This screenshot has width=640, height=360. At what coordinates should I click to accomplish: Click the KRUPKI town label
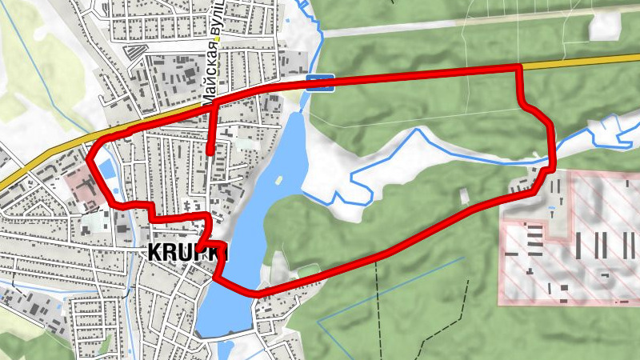click(x=188, y=252)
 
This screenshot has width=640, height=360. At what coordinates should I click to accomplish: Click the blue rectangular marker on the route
click(x=321, y=82)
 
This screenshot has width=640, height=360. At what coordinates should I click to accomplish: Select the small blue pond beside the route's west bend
click(x=105, y=170)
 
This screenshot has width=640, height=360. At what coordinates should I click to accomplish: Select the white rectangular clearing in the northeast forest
click(x=605, y=26)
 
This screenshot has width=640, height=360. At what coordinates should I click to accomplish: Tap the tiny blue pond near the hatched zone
click(x=552, y=210)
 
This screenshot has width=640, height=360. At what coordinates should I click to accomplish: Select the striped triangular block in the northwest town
click(x=136, y=51)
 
